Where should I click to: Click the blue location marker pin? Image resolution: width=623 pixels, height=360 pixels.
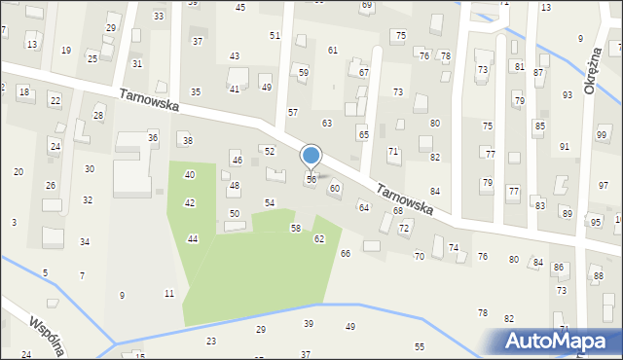coord(311,156)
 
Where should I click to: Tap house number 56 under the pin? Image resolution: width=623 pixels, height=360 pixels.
coord(311,179)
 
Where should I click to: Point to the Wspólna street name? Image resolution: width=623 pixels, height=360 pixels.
coord(47,334)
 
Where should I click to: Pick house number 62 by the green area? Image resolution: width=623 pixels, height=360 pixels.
coord(319,238)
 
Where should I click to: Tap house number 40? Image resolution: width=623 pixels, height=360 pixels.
coord(190,174)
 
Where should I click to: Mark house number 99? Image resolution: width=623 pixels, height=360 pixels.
coord(601,134)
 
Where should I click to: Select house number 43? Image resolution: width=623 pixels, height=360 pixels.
coord(235,56)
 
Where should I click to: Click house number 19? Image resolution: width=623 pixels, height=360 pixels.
coord(66,50)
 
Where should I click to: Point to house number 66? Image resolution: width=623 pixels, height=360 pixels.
coord(345,253)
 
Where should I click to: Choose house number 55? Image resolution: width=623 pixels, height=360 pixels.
coord(420,346)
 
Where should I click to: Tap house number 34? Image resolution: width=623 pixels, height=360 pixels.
coord(85,241)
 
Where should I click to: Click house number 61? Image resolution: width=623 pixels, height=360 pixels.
coord(333,50)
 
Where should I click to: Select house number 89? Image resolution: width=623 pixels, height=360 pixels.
coord(567,212)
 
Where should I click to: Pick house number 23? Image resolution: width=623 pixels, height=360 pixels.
coord(211,341)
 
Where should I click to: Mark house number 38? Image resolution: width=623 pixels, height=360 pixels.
coord(188,141)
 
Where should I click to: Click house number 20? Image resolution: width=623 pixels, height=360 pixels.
coord(18,171)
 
